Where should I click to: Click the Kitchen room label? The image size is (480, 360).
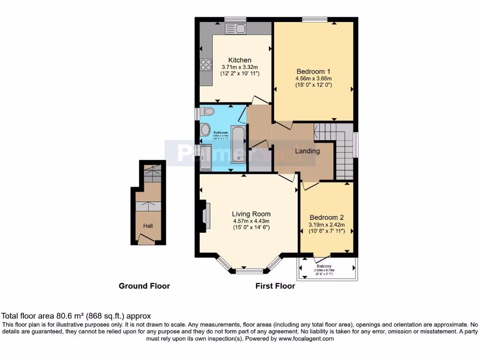(240, 60)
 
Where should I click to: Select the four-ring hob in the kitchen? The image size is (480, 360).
(206, 65)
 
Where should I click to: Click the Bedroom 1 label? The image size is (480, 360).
(313, 71)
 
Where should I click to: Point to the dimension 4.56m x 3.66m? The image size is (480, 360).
(313, 78)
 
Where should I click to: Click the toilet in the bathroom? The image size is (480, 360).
(207, 112)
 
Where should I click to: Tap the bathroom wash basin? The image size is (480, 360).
(205, 130)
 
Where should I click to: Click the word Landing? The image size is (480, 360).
(307, 151)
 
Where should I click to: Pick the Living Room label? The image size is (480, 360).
(251, 214)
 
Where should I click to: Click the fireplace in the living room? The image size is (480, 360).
(204, 216)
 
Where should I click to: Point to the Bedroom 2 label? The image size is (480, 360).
(327, 217)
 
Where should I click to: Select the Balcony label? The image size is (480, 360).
(328, 266)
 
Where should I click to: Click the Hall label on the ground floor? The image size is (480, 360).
(148, 226)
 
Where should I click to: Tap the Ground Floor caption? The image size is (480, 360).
(144, 286)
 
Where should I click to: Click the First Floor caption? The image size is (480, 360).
(275, 286)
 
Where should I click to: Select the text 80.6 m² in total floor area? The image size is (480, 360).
(71, 316)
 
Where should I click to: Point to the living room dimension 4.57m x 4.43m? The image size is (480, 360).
(251, 221)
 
